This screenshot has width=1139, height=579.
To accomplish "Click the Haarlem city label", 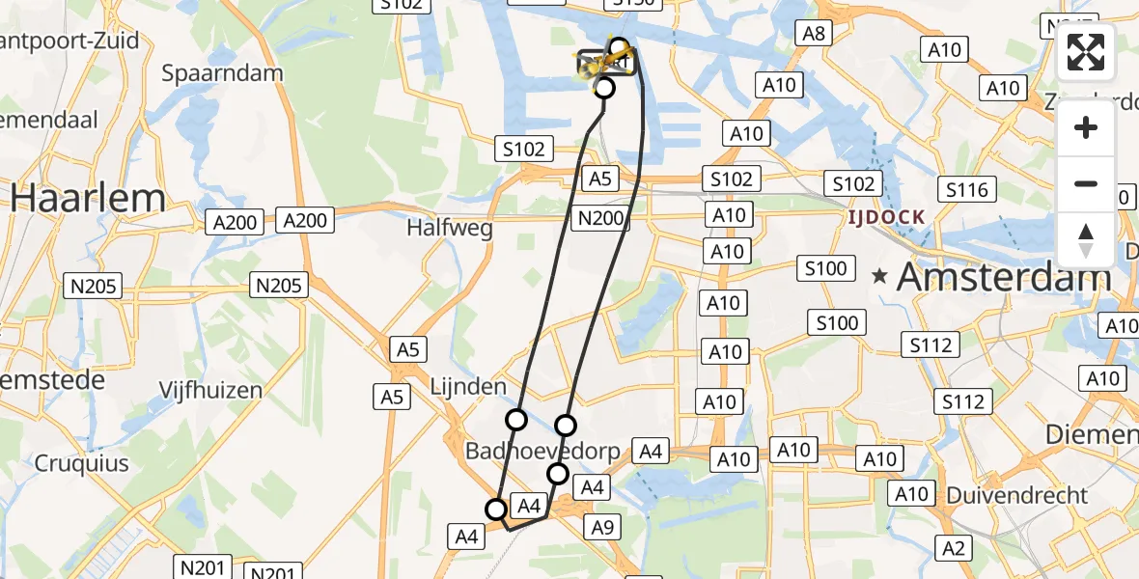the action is click(88, 199).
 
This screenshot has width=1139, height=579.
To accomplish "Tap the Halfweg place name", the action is click(450, 229).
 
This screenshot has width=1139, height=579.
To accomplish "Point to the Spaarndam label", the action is click(222, 73).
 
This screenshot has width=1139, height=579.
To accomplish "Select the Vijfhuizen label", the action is click(210, 391).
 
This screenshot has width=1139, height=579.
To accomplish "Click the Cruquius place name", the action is click(82, 463).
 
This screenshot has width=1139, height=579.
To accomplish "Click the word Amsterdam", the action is click(1004, 278).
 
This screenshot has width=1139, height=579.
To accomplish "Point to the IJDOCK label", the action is click(887, 217).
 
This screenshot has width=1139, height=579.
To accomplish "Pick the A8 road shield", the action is click(812, 35).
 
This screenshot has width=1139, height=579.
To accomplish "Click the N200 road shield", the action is click(599, 219).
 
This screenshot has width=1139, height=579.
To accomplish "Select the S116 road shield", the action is click(966, 190).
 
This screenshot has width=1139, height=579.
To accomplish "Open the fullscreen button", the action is click(1086, 53).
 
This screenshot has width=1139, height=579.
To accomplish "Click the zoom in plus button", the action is click(1086, 127).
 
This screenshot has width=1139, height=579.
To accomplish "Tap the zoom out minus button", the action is click(1086, 183).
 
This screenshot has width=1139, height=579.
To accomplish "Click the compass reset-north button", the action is click(1086, 239).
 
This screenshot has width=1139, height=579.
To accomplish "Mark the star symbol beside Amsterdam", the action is click(879, 277).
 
